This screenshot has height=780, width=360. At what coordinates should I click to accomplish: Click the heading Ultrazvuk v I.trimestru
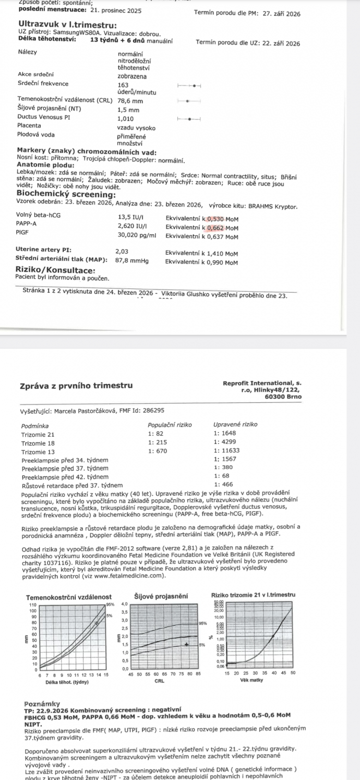(x=67, y=25)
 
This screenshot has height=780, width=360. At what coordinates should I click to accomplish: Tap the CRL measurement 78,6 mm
(x=130, y=101)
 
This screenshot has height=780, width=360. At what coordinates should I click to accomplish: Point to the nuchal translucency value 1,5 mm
(x=128, y=110)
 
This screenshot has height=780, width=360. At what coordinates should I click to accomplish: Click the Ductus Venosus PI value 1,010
(x=126, y=118)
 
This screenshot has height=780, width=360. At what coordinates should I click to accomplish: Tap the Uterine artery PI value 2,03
(x=122, y=251)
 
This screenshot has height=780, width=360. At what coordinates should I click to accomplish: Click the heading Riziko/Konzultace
(x=56, y=270)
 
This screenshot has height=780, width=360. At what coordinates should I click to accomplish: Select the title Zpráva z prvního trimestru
(x=76, y=386)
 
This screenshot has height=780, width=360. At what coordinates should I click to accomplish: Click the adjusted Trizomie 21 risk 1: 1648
(x=225, y=434)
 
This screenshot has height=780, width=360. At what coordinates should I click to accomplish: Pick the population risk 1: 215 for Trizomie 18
(x=157, y=443)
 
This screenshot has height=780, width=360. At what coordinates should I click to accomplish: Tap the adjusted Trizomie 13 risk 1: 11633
(x=227, y=451)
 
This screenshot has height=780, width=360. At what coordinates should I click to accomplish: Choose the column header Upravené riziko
(x=235, y=425)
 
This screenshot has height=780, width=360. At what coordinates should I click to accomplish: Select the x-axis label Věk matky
(x=251, y=681)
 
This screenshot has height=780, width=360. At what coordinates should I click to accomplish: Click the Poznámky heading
(x=42, y=704)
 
